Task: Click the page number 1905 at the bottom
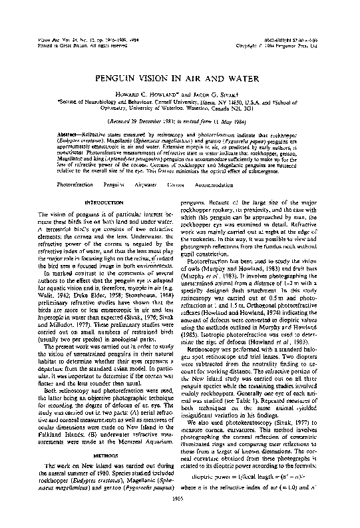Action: [180, 514]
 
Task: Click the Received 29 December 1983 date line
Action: [180, 123]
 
